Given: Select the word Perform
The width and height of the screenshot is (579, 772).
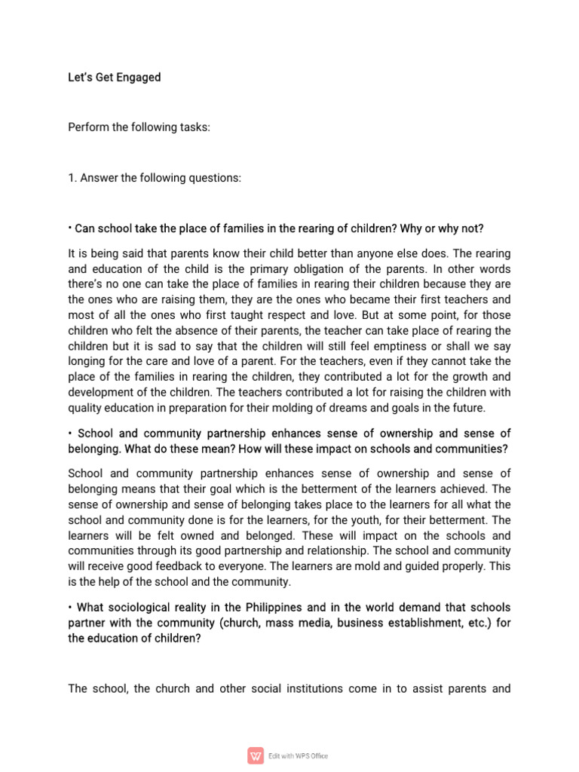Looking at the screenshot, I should coord(85,127).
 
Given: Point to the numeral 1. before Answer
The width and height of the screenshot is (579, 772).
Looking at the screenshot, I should coord(72,178).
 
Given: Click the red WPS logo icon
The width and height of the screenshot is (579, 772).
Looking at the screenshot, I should coord(256,755).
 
